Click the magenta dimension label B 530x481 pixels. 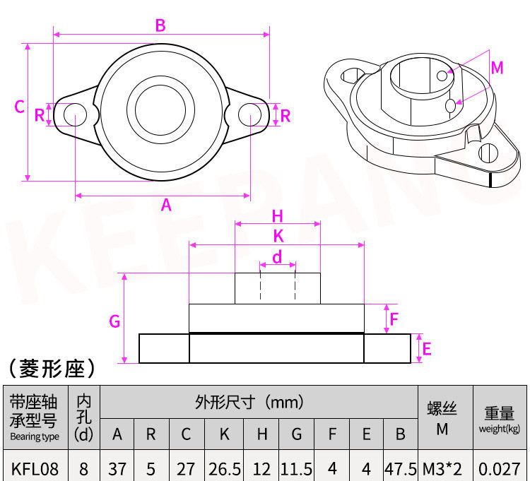160,25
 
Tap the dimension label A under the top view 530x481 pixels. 167,205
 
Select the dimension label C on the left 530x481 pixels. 20,107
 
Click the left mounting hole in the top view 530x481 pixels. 72,114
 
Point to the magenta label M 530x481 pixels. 497,68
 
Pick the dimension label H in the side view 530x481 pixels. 278,216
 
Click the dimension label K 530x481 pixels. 278,235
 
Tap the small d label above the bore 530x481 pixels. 277,257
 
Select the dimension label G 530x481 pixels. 114,321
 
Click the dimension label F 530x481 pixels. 394,319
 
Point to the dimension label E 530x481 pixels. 427,348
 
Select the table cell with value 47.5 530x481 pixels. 401,468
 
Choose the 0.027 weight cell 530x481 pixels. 500,468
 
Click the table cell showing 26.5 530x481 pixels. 224,468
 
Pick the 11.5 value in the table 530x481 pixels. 297,468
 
